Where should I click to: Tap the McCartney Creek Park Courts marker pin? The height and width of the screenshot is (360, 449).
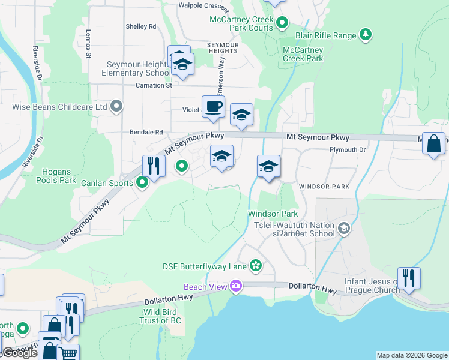282,23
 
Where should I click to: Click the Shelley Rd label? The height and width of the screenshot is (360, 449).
140,26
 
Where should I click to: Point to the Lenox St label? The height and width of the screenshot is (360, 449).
88,44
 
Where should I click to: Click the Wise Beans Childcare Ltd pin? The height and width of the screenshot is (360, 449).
117,107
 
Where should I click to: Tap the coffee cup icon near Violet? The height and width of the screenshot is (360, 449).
213,107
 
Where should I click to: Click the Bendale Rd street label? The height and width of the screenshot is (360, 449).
146,132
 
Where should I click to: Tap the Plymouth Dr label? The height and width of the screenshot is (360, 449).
348,149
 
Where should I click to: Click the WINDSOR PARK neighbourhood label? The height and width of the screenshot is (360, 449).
325,187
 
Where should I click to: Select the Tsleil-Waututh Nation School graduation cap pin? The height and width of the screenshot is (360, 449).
344,227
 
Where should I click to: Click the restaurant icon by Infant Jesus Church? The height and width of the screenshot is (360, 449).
409,278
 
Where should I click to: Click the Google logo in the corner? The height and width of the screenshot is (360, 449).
20,353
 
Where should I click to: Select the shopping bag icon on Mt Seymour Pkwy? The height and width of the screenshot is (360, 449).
433,144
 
